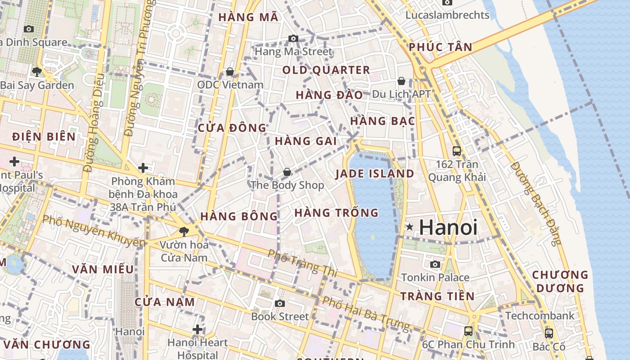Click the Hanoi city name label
coord(447,227)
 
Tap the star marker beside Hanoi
coord(409,227)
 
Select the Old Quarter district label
coord(326,70)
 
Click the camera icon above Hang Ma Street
coord(293,39)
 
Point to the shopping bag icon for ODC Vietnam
coord(230,72)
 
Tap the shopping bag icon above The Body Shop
coord(287,172)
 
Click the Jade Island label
coord(375,174)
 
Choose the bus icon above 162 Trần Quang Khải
coord(457,151)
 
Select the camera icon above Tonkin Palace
coord(435,264)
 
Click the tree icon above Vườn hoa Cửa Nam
coord(184,232)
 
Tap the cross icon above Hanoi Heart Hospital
coord(197,330)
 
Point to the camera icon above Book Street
coord(280,303)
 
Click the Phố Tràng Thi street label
coord(302,262)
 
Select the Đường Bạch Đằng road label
coord(537,203)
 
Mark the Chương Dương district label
coord(560,281)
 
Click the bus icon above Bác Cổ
coord(549,333)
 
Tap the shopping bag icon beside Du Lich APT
coord(401,81)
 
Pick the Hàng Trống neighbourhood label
coord(336,212)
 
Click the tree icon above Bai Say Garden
coord(37,72)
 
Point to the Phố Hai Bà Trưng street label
coord(360,312)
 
